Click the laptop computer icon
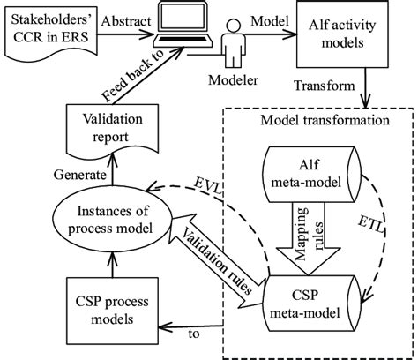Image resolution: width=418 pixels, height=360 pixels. click(x=183, y=24)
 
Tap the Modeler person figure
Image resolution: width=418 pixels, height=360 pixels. click(x=233, y=43)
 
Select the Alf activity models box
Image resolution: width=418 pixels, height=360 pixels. click(x=342, y=34)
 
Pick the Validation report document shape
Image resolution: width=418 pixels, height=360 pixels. click(x=112, y=130)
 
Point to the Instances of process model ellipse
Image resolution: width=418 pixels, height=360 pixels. click(x=112, y=220)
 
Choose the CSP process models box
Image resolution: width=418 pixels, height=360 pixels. click(x=112, y=311)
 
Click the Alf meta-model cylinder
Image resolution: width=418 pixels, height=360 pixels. click(x=313, y=175)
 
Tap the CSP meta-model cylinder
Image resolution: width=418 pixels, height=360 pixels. click(x=313, y=304)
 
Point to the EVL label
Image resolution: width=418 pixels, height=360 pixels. click(x=208, y=186)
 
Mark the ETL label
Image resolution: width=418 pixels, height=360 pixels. click(x=371, y=225)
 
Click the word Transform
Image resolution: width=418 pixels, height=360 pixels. click(x=325, y=86)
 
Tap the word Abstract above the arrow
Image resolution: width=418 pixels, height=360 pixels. click(x=126, y=21)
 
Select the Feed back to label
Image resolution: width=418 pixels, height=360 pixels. click(x=131, y=76)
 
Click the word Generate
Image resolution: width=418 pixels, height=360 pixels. click(x=79, y=175)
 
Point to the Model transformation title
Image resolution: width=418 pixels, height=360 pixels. click(x=325, y=120)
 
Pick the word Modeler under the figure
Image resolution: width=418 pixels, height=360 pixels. click(x=234, y=80)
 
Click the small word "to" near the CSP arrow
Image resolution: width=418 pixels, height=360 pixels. click(x=194, y=334)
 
